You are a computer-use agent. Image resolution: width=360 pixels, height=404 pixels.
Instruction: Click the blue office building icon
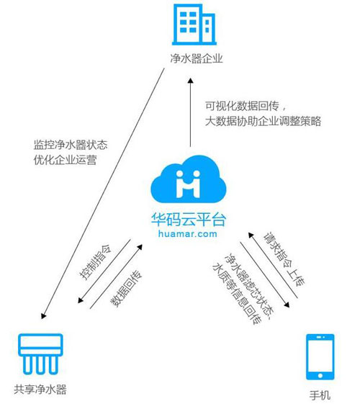click(194, 24)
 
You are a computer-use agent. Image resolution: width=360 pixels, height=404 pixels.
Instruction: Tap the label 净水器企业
click(197, 58)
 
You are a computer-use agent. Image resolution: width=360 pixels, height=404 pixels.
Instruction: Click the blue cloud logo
click(189, 179)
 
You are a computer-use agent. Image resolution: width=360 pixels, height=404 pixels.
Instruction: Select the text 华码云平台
click(189, 220)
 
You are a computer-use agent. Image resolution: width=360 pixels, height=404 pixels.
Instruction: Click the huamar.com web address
click(188, 234)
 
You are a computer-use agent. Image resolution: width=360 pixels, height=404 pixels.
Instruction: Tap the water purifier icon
click(40, 354)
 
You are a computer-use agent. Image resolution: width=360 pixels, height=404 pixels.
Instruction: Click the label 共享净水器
click(40, 389)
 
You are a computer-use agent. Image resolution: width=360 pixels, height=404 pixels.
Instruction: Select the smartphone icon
click(320, 357)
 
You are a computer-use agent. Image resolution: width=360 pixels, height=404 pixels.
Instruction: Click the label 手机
click(320, 395)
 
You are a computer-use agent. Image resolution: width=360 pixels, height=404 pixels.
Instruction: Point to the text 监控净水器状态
click(71, 145)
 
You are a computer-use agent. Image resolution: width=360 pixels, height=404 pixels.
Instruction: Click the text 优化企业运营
click(65, 160)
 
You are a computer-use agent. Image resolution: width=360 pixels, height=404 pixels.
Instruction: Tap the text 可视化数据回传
click(242, 106)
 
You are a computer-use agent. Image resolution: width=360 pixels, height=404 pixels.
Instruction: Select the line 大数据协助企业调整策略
click(263, 121)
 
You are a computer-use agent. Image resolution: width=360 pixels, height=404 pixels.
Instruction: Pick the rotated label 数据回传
click(126, 289)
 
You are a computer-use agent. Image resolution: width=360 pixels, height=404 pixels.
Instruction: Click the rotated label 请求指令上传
click(284, 259)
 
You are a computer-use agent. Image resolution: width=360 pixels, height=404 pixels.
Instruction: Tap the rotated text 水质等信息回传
click(237, 294)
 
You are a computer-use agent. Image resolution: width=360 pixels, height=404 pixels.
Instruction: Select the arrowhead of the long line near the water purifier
click(43, 315)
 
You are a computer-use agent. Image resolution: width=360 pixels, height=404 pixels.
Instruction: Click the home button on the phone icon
click(320, 375)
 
